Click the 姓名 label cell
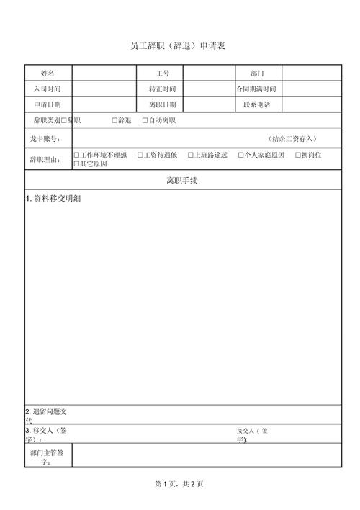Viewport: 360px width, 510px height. point(48,73)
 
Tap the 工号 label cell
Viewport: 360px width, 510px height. point(162,73)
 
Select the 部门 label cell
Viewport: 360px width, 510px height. point(257,73)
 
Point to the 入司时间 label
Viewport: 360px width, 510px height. point(48,89)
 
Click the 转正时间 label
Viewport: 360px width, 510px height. point(162,89)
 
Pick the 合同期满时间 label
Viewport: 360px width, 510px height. point(256,89)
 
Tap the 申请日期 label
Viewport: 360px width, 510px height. point(48,105)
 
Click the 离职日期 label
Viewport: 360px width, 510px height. point(162,105)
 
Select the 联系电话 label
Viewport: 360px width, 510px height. point(257,105)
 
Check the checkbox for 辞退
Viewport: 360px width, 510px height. point(114,120)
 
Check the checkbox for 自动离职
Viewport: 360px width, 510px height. point(145,120)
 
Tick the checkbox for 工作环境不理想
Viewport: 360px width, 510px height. point(77,155)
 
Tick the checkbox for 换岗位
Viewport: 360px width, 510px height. point(298,155)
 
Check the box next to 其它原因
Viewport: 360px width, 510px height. point(77,164)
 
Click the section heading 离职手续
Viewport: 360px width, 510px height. point(181,181)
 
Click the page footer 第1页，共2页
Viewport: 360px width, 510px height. point(179,483)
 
